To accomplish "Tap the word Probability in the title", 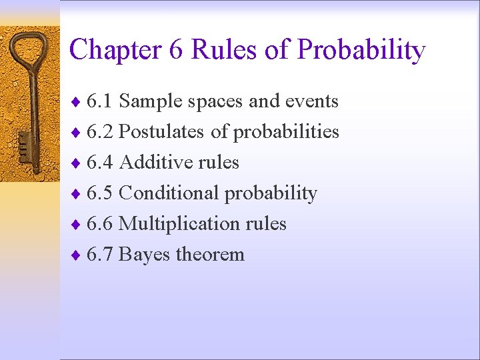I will (x=361, y=51).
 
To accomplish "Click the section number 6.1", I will (x=99, y=101).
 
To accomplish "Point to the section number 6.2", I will (x=99, y=132).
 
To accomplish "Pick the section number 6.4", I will (x=99, y=163).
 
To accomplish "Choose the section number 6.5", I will (x=99, y=193).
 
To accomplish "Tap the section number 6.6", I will (x=99, y=224).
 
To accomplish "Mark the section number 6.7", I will (x=99, y=255).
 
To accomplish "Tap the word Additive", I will (x=152, y=163).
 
